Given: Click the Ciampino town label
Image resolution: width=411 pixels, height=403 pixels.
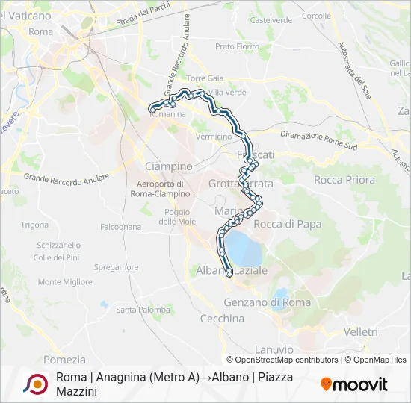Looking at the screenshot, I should (x=168, y=165).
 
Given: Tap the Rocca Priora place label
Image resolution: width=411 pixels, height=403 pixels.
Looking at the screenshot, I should (x=344, y=180).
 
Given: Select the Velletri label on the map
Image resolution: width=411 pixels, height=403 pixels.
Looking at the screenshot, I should (x=362, y=331).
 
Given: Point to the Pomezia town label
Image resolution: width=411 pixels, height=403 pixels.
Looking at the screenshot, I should (x=65, y=359).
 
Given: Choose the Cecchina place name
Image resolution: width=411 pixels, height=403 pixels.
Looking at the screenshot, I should (x=222, y=319).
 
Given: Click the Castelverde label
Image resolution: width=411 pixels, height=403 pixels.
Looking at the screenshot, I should (x=271, y=20).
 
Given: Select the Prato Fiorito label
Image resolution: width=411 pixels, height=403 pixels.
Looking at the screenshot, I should (x=236, y=46).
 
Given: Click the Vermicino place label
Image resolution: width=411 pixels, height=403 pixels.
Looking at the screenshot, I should (x=214, y=137).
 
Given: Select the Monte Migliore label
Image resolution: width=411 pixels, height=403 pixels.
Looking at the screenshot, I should (x=66, y=282).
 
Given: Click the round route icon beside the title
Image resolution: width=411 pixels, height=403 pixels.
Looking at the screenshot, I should (x=35, y=383).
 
